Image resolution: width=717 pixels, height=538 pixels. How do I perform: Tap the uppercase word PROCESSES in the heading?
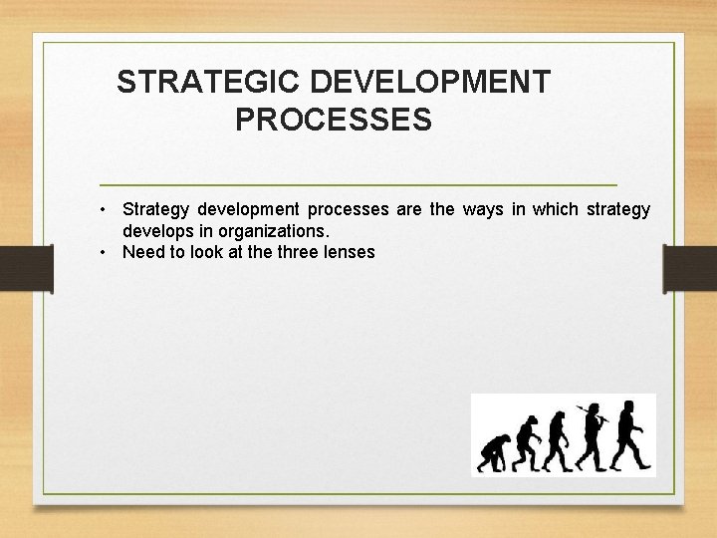[x=334, y=121]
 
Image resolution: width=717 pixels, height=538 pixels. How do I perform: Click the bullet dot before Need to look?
[x=104, y=252]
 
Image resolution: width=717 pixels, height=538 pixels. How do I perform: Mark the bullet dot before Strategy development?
[x=104, y=209]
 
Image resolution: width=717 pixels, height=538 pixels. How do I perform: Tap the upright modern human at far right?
[x=629, y=434]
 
